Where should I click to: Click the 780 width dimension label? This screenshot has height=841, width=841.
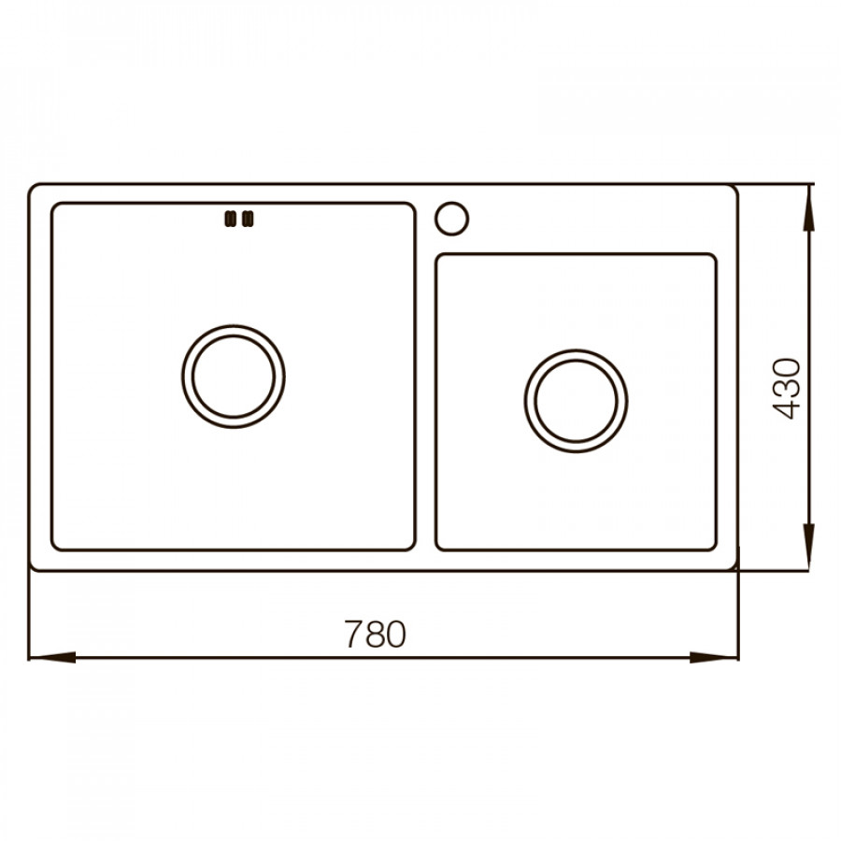pyautogui.click(x=375, y=634)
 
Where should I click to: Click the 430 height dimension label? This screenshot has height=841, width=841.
pyautogui.click(x=786, y=389)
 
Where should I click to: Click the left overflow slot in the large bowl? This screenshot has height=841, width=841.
pyautogui.click(x=230, y=219)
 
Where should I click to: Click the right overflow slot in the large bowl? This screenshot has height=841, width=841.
pyautogui.click(x=248, y=219)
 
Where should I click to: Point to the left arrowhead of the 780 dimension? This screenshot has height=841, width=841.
pyautogui.click(x=51, y=657)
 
